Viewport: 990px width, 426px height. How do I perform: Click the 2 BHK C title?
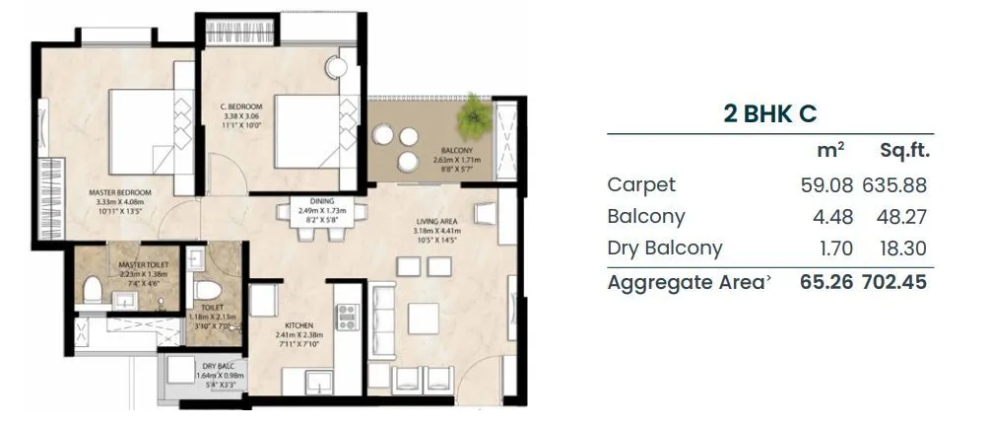pos(769,113)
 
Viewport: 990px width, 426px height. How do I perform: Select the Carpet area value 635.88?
pos(894,184)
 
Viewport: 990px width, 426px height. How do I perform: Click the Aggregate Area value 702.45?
pos(894,282)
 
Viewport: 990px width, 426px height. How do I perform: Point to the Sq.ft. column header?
pos(904,151)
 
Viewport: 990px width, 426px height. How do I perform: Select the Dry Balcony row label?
pos(664,248)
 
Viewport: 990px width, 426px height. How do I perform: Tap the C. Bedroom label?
pos(240,106)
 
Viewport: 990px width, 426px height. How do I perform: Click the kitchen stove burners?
pos(347,316)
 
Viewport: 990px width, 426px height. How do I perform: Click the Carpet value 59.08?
pos(825,184)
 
